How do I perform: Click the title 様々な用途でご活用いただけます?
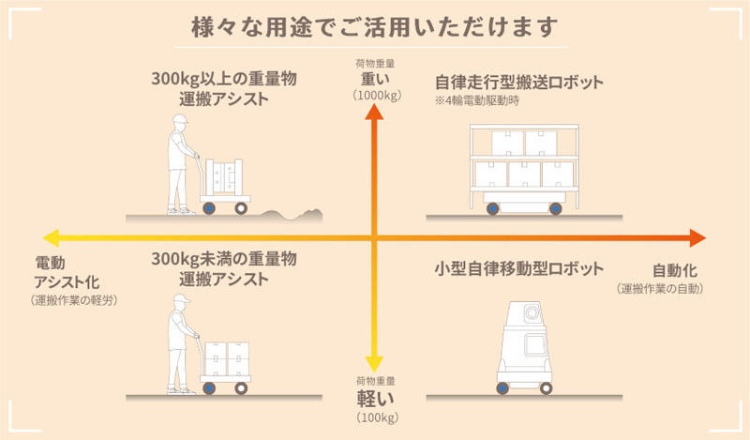click(374, 27)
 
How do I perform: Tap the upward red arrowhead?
click(374, 113)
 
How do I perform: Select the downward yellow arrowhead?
click(374, 364)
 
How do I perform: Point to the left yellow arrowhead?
click(51, 238)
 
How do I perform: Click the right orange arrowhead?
click(697, 238)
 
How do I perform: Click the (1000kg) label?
click(377, 96)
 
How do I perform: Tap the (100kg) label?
click(377, 417)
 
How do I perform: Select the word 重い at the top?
click(376, 79)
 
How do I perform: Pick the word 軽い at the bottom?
click(376, 398)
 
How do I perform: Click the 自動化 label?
click(674, 270)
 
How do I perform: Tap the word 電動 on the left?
click(51, 263)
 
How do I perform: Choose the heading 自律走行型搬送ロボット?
click(519, 83)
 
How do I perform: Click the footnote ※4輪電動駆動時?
click(476, 101)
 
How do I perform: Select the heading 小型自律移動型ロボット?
click(519, 268)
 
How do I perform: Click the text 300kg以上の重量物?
click(224, 79)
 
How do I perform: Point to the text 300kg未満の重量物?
click(224, 259)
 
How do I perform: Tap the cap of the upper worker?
click(181, 119)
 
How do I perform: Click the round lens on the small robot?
click(532, 313)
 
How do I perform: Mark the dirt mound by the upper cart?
click(292, 216)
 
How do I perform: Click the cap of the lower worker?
click(182, 298)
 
